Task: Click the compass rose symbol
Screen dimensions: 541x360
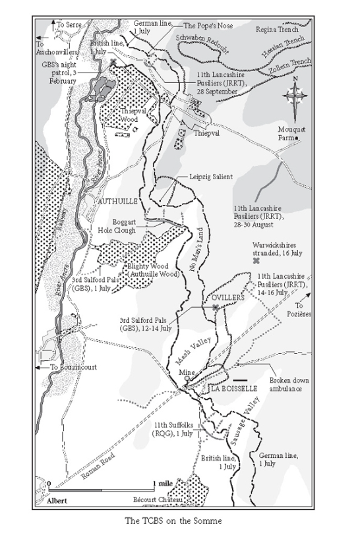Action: [x=295, y=96]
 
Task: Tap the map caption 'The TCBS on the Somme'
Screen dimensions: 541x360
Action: [x=179, y=521]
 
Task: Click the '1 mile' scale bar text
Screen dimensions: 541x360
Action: [x=164, y=484]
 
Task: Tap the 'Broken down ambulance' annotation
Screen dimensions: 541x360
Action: [x=285, y=385]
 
